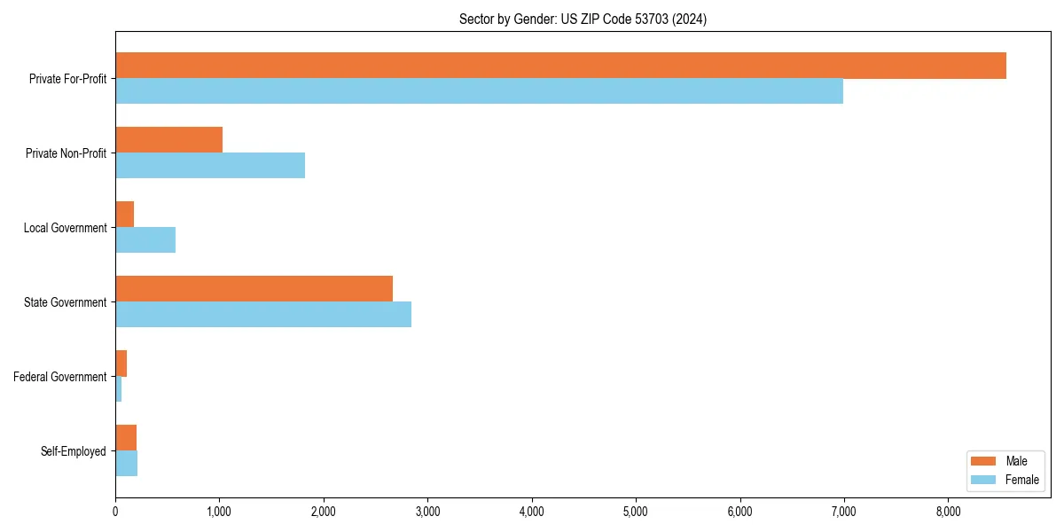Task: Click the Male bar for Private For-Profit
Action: tap(560, 66)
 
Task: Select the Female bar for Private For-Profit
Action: tap(479, 90)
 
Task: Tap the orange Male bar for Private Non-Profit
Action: tap(168, 140)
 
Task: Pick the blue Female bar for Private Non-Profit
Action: tap(210, 165)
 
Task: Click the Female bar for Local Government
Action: tap(145, 239)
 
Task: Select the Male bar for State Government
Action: tap(254, 289)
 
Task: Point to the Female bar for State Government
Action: tap(263, 314)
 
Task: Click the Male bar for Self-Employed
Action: tap(126, 438)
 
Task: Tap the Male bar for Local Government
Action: tap(125, 215)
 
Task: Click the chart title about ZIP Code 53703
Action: tap(583, 19)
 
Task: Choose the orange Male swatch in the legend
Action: tap(983, 461)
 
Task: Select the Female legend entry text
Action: tap(1022, 480)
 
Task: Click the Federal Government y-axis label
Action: tap(60, 377)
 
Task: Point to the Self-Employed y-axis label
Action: tap(74, 451)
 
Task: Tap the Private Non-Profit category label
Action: tap(66, 153)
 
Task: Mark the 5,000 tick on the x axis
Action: tap(636, 512)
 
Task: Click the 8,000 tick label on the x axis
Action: tap(948, 512)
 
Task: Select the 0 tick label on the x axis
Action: tap(115, 512)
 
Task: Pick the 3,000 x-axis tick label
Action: tap(427, 512)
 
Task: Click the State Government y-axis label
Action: tap(66, 302)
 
